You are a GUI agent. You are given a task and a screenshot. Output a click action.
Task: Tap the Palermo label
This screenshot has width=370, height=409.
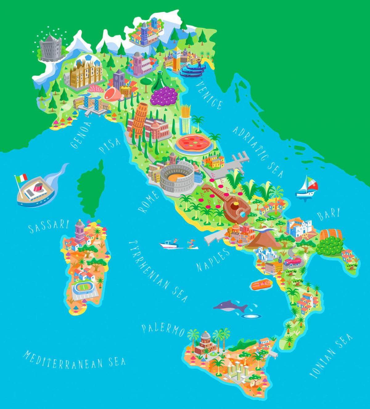pyautogui.click(x=163, y=330)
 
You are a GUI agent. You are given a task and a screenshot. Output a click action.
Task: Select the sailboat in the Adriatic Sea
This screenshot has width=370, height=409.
pyautogui.click(x=307, y=186)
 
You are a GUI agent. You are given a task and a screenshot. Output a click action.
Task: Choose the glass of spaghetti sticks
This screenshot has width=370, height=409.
pyautogui.click(x=185, y=119)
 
